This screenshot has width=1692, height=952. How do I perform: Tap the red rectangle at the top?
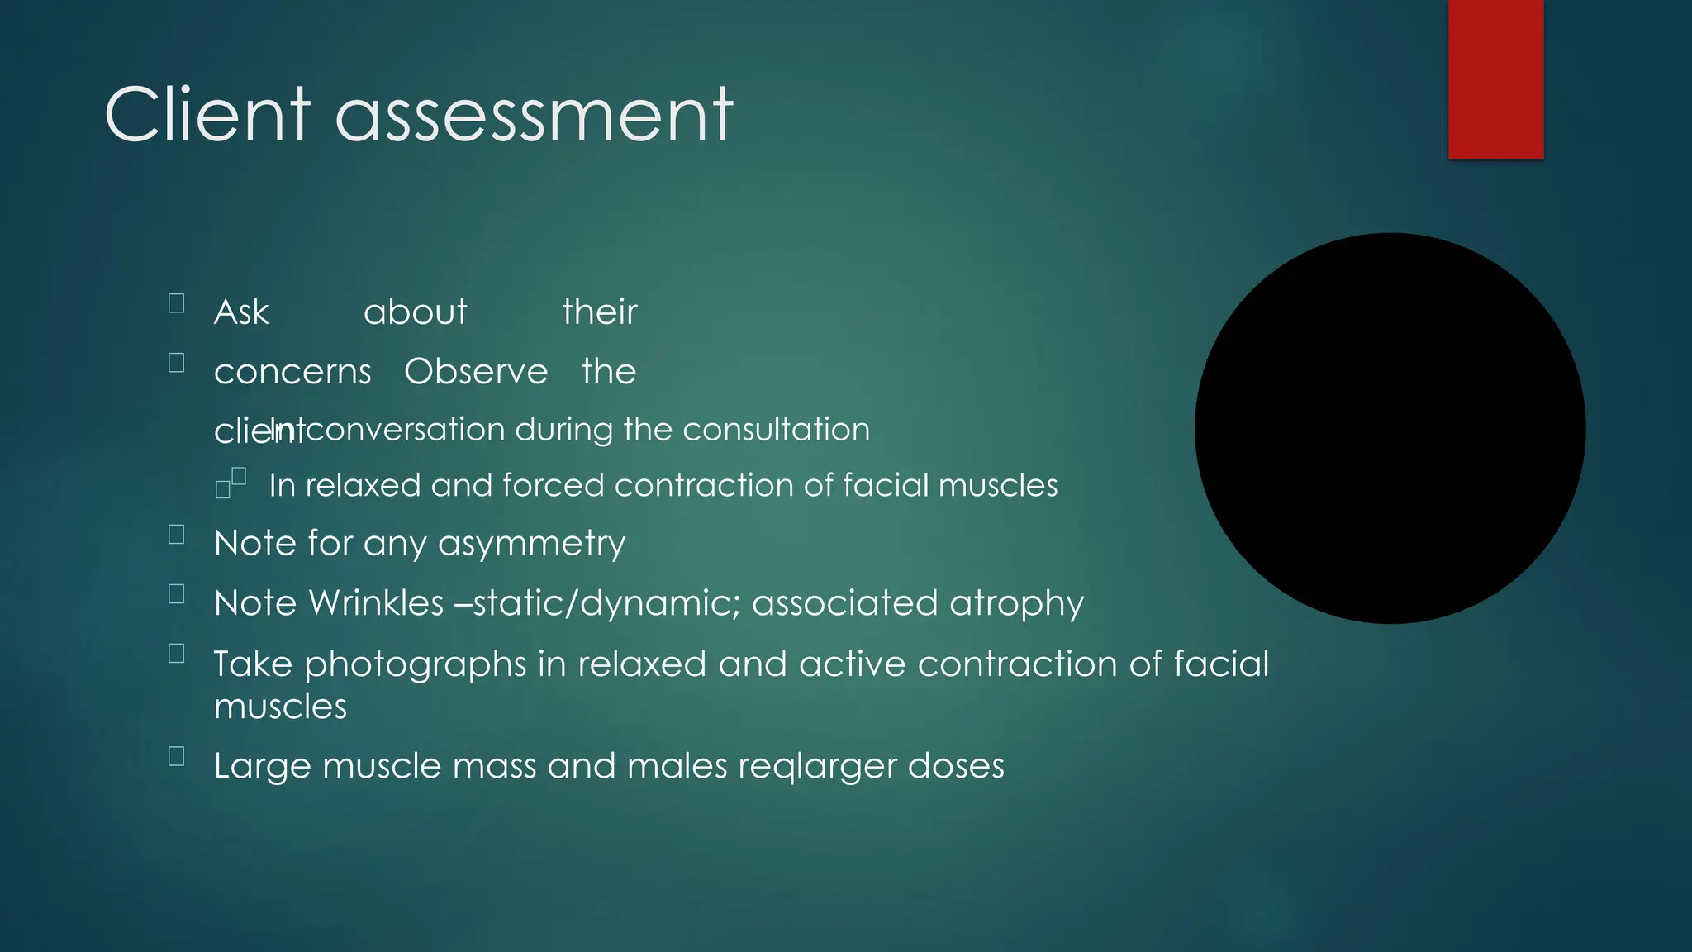(1495, 79)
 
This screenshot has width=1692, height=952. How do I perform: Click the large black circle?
(1390, 428)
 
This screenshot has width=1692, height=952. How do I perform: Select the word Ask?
(241, 312)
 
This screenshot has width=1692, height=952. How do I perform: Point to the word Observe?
(476, 372)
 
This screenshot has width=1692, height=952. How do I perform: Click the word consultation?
(776, 430)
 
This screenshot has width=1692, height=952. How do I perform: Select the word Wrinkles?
(376, 603)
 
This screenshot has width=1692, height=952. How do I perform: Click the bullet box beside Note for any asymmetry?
(176, 535)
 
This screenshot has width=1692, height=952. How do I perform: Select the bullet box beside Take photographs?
(176, 654)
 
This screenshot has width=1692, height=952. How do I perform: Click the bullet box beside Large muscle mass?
(176, 756)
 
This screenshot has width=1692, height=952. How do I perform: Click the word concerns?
(292, 372)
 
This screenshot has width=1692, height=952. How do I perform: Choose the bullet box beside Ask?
(176, 303)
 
